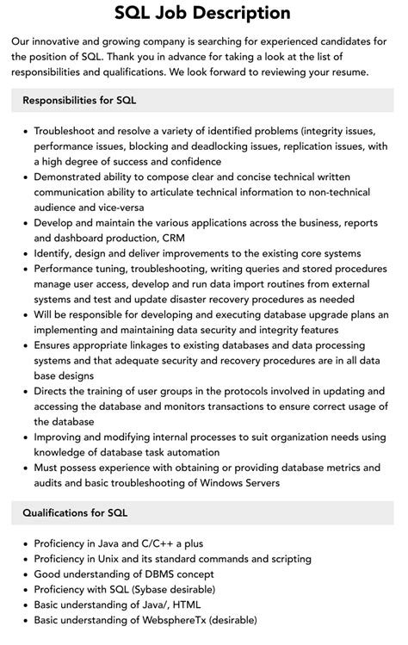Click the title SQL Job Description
pos(203,13)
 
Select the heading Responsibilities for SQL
pos(80,101)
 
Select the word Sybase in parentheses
pos(151,590)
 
